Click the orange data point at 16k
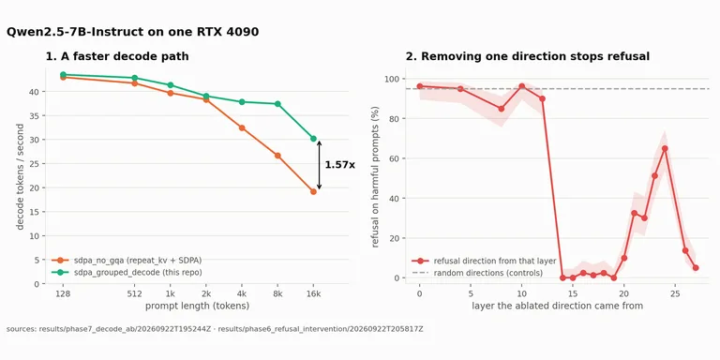[x=313, y=192]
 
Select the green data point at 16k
[x=313, y=138]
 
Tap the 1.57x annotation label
[x=339, y=164]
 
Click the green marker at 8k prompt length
[x=277, y=104]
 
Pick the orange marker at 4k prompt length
[x=242, y=127]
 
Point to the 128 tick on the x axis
[x=64, y=293]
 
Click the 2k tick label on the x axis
[x=206, y=293]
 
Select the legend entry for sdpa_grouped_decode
[x=127, y=272]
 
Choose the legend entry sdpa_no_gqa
[x=127, y=261]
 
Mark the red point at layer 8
[x=501, y=109]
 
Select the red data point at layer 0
[x=419, y=86]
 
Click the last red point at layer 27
[x=696, y=268]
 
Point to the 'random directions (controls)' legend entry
[x=477, y=273]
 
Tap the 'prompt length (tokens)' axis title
[x=198, y=306]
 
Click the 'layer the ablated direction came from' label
[x=558, y=306]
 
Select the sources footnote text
[x=215, y=329]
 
